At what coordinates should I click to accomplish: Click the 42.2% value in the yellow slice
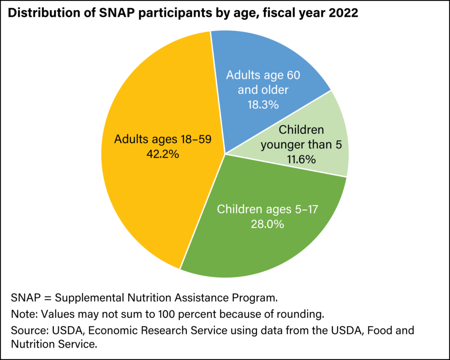pos(163,155)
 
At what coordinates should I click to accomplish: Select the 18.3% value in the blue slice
pos(263,105)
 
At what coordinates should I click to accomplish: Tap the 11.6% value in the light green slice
pos(301,159)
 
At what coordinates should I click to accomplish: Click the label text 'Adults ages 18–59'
pos(163,140)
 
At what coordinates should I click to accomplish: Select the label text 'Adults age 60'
pos(263,76)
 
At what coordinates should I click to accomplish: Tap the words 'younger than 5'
pos(301,144)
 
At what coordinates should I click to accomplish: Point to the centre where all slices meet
pos(225,154)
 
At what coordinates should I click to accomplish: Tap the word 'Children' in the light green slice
pos(301,130)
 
